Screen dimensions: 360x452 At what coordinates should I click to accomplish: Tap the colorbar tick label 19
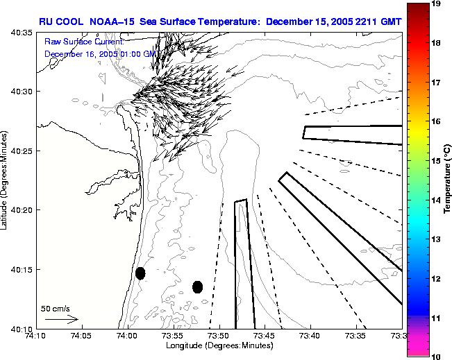437,4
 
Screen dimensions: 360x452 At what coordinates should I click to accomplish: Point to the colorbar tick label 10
437,356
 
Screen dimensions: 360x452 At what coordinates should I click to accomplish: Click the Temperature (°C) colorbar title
449,180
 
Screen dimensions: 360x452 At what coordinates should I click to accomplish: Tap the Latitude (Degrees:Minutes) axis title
6,180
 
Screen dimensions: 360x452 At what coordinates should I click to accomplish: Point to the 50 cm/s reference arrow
61,319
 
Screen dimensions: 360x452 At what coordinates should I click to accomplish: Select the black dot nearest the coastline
140,273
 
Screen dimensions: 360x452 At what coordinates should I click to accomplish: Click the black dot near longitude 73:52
197,286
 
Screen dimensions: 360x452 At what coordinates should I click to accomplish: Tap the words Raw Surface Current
77,42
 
